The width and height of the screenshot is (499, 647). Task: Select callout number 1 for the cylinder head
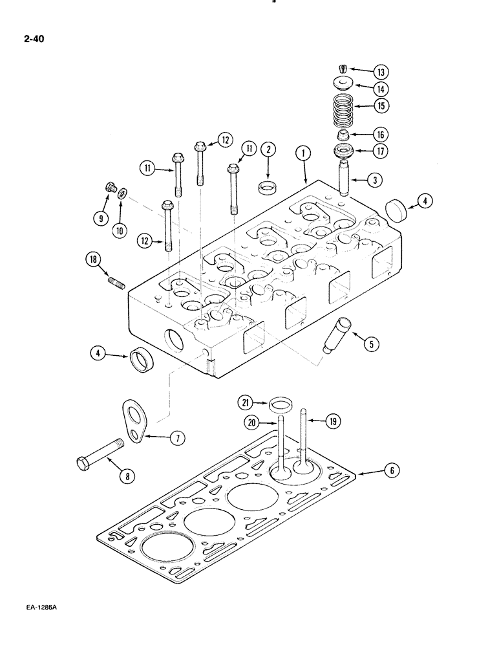303,153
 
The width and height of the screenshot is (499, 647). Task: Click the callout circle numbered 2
268,150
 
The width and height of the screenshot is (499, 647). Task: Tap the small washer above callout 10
124,193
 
